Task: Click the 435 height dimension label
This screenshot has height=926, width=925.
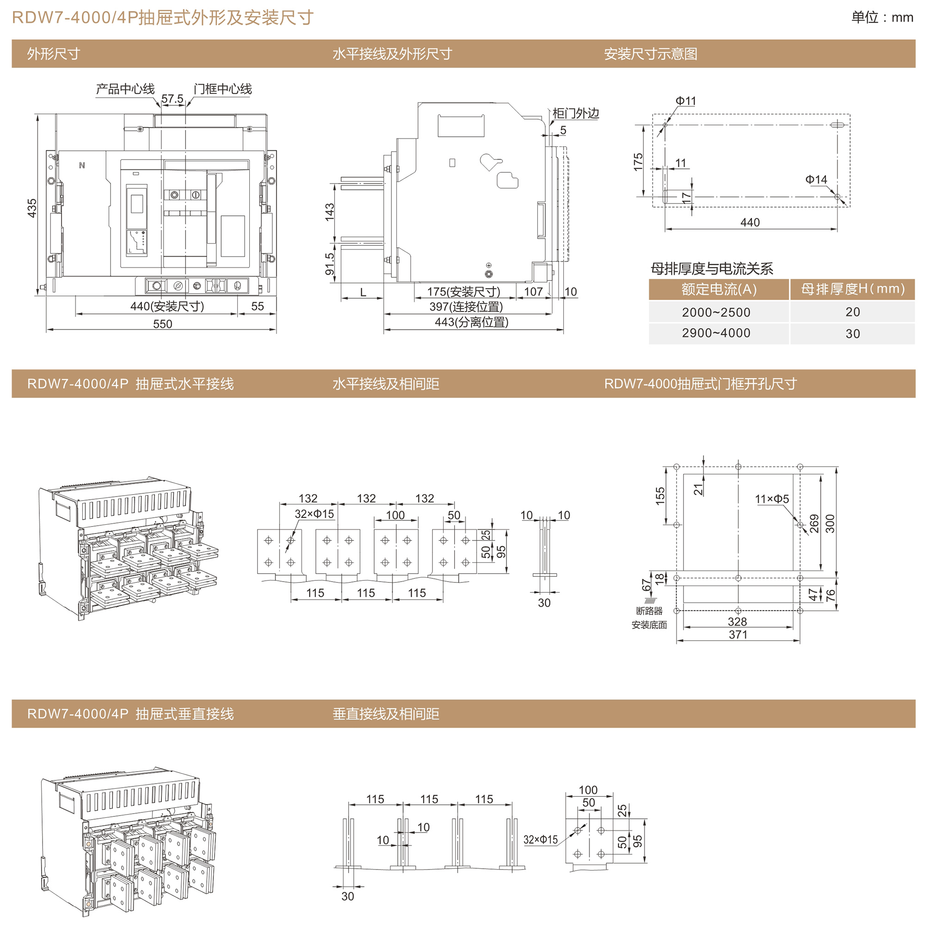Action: (31, 208)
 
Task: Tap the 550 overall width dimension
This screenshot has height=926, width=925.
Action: (162, 324)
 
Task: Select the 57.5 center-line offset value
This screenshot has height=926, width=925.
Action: (172, 99)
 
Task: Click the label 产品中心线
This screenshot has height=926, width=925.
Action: (125, 89)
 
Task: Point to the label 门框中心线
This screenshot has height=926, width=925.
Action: (222, 89)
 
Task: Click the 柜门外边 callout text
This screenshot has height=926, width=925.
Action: (575, 113)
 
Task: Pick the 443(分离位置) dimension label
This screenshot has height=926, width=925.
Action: (471, 322)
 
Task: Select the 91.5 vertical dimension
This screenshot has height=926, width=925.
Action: (329, 264)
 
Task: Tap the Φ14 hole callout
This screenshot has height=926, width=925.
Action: (816, 179)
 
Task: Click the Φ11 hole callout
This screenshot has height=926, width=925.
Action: (685, 101)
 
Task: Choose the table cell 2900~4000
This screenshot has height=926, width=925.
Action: (716, 333)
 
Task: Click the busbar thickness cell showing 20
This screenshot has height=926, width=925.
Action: (852, 312)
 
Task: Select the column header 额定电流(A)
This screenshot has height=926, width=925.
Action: (718, 289)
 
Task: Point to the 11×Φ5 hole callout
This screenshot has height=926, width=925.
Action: (771, 499)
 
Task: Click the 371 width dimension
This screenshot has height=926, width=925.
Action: (738, 635)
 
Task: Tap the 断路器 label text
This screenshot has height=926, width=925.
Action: (649, 611)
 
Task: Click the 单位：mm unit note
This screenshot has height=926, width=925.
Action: (882, 18)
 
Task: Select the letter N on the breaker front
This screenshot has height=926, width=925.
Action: (82, 166)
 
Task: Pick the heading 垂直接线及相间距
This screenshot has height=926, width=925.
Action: (386, 714)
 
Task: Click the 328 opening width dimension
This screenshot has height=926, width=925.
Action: (737, 622)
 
